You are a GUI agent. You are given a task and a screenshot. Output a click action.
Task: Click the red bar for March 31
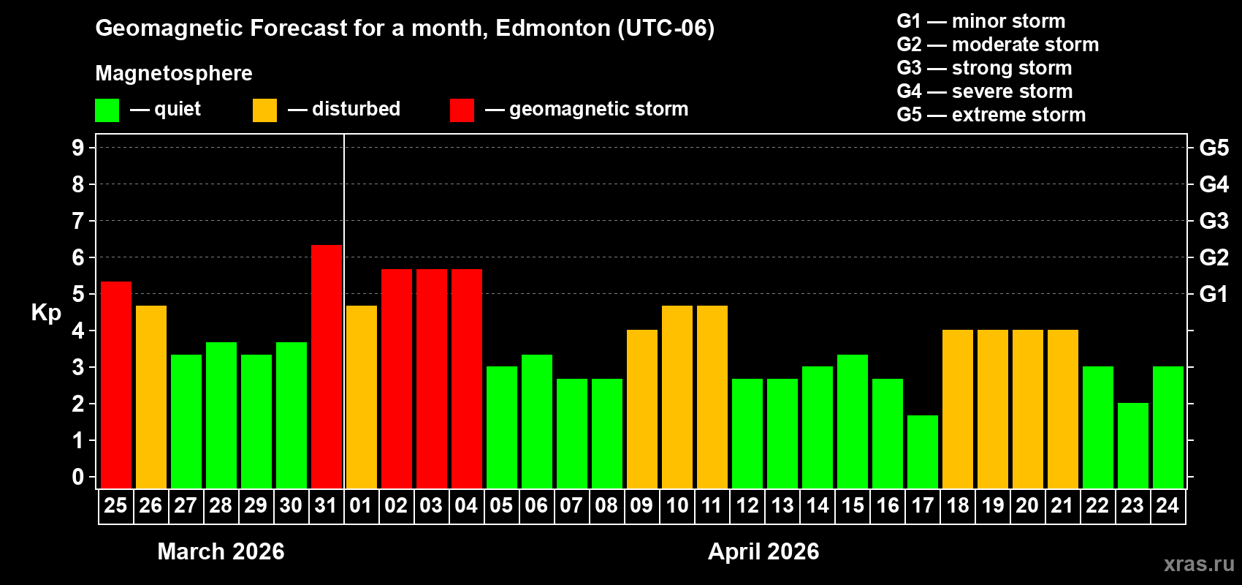[x=327, y=366]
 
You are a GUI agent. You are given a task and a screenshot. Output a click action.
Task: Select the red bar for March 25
[x=116, y=384]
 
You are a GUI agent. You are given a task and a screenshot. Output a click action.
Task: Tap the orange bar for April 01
[x=362, y=396]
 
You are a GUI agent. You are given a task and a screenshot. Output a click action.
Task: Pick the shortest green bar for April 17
[x=923, y=451]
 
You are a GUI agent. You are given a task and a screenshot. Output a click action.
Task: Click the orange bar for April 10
[x=677, y=396]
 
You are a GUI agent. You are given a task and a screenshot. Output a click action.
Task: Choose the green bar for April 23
[x=1133, y=445]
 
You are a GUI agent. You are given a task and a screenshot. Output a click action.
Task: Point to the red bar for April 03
[x=432, y=378]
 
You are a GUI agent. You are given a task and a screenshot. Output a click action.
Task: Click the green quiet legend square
[x=107, y=110]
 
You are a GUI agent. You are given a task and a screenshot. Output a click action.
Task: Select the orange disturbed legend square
[x=264, y=110]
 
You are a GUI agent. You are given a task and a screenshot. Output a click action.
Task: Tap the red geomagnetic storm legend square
[x=462, y=110]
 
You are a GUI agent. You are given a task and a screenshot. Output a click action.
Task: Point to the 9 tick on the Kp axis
[x=78, y=148]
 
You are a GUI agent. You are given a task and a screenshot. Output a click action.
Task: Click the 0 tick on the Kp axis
[x=78, y=477]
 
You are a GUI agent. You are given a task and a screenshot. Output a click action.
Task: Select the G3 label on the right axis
[x=1214, y=221]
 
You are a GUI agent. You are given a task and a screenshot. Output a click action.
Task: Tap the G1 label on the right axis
[x=1214, y=294]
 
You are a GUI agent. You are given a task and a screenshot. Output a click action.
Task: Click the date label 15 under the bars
[x=853, y=505]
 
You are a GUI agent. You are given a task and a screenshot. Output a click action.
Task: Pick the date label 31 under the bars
[x=326, y=505]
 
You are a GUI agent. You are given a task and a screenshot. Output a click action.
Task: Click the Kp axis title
[x=46, y=312]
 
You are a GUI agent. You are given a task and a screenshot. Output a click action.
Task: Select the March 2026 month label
[x=221, y=551]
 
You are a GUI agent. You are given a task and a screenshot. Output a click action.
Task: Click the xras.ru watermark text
[x=1199, y=564]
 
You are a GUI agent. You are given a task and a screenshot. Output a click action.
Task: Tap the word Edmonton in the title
[x=553, y=28]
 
